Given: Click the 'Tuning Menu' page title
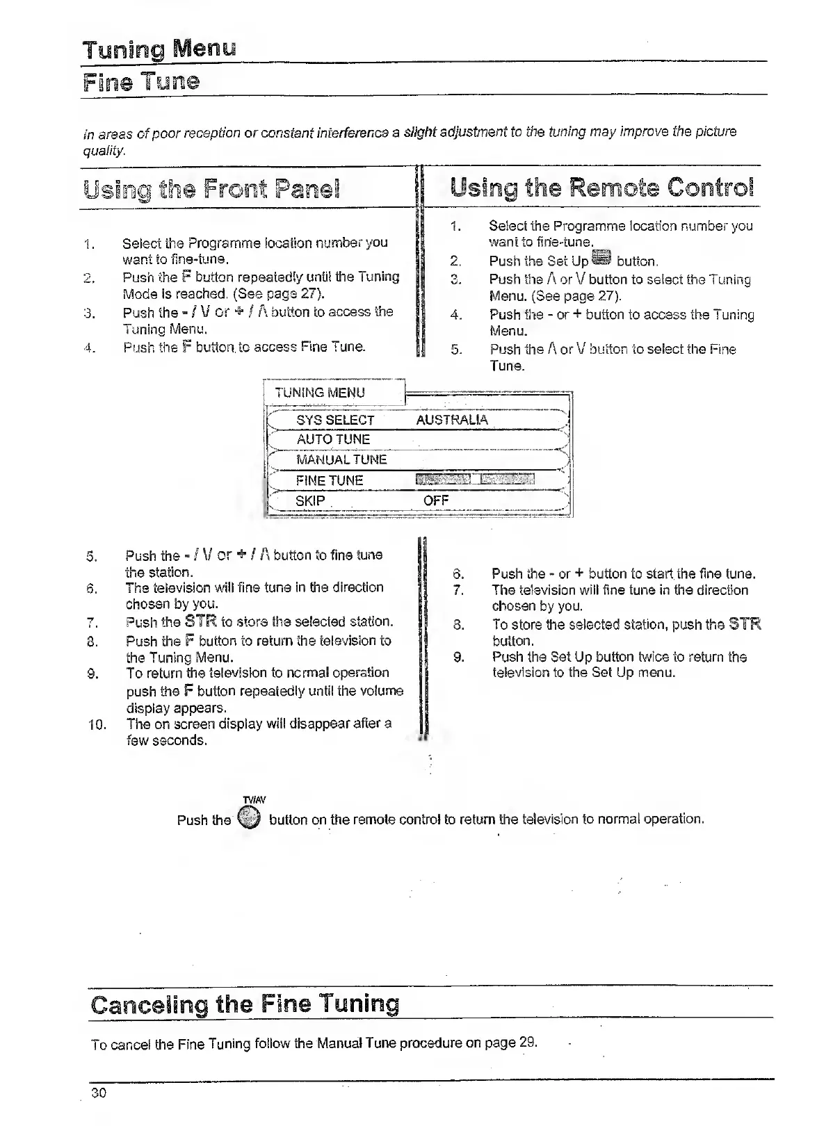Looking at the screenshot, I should pyautogui.click(x=159, y=50).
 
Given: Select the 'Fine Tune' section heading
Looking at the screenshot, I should pyautogui.click(x=141, y=82).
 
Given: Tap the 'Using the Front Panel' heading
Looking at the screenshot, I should pyautogui.click(x=211, y=189).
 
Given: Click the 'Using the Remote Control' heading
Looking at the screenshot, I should pyautogui.click(x=601, y=188).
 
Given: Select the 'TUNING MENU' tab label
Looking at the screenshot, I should pyautogui.click(x=320, y=393).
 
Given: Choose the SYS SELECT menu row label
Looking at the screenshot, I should pyautogui.click(x=335, y=421).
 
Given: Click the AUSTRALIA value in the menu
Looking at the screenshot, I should pyautogui.click(x=452, y=420).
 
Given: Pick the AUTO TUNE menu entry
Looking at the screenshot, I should pyautogui.click(x=333, y=440).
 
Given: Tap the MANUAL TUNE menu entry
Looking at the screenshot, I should pyautogui.click(x=341, y=460).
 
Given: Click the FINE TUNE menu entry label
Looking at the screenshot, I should pyautogui.click(x=330, y=480).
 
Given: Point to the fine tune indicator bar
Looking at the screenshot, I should pyautogui.click(x=475, y=479).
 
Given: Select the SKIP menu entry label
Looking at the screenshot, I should pyautogui.click(x=310, y=500).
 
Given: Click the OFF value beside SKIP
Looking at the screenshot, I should pyautogui.click(x=436, y=500).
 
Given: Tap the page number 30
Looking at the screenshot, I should pyautogui.click(x=99, y=1093).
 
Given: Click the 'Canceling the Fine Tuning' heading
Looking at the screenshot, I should pyautogui.click(x=245, y=1004).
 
